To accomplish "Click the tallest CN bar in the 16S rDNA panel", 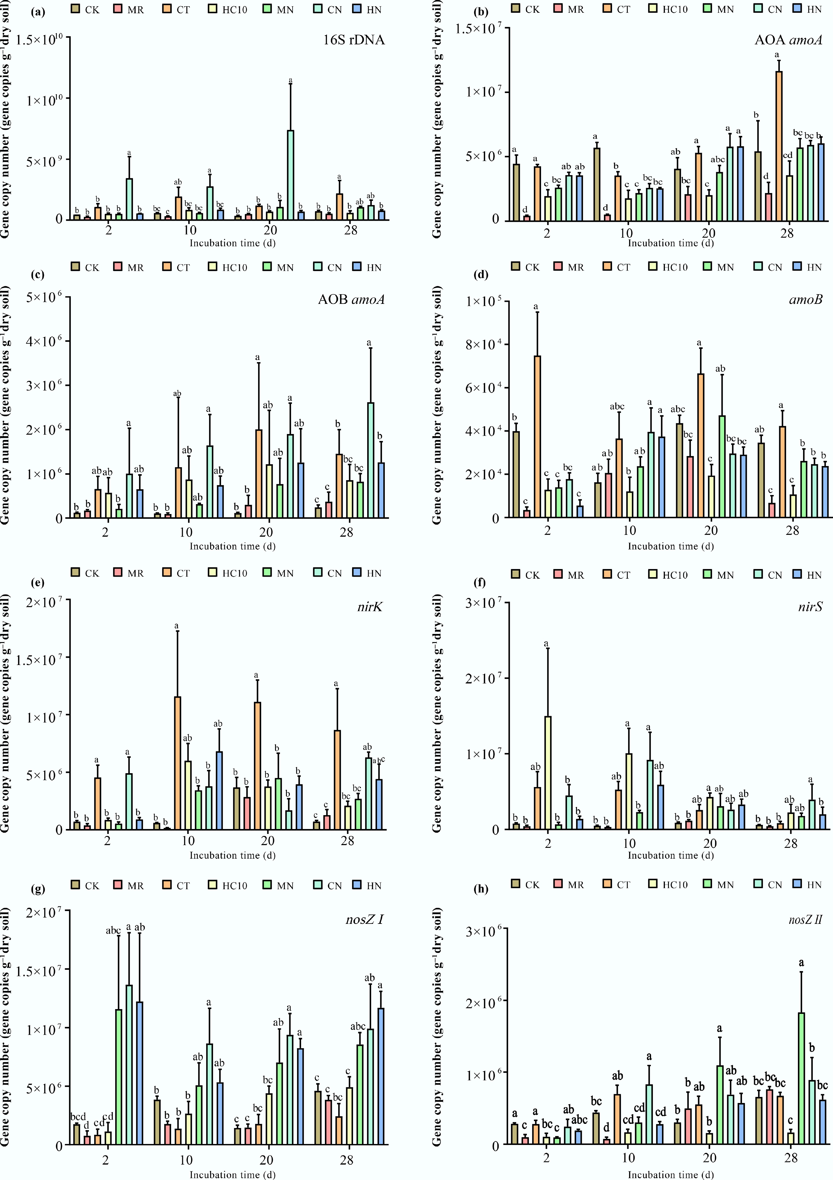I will [x=290, y=175].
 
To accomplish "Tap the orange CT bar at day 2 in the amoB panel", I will [x=537, y=436].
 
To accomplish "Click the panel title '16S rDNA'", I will [x=354, y=40].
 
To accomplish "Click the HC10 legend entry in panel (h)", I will [x=669, y=885].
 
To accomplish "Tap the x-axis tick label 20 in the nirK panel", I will [x=267, y=841].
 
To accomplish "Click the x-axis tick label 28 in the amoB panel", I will [x=792, y=530].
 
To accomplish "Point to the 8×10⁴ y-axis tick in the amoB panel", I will [x=483, y=344].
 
